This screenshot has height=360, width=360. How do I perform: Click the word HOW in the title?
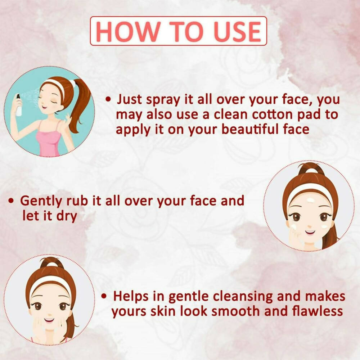(x=127, y=31)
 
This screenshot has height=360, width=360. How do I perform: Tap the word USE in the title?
(x=237, y=31)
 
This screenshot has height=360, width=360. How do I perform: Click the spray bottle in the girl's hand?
(x=18, y=105)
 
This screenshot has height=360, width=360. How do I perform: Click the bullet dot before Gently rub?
(x=11, y=201)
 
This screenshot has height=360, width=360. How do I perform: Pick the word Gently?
(x=41, y=201)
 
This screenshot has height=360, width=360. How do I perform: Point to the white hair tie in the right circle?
(x=311, y=171)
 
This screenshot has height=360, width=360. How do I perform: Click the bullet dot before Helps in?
(x=104, y=296)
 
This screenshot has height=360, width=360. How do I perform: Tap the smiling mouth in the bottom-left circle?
(x=49, y=320)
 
